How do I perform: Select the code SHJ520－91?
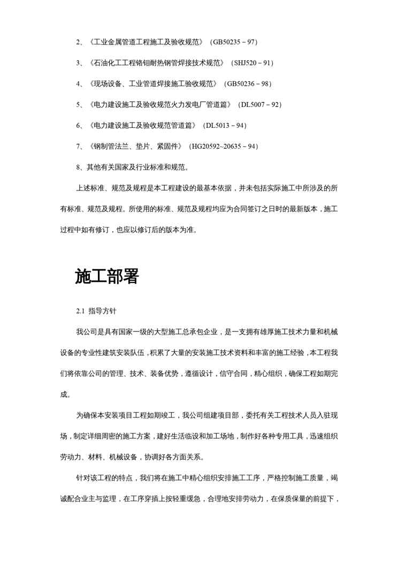tap(252, 63)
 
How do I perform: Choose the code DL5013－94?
tap(224, 125)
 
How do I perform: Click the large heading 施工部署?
tap(107, 276)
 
